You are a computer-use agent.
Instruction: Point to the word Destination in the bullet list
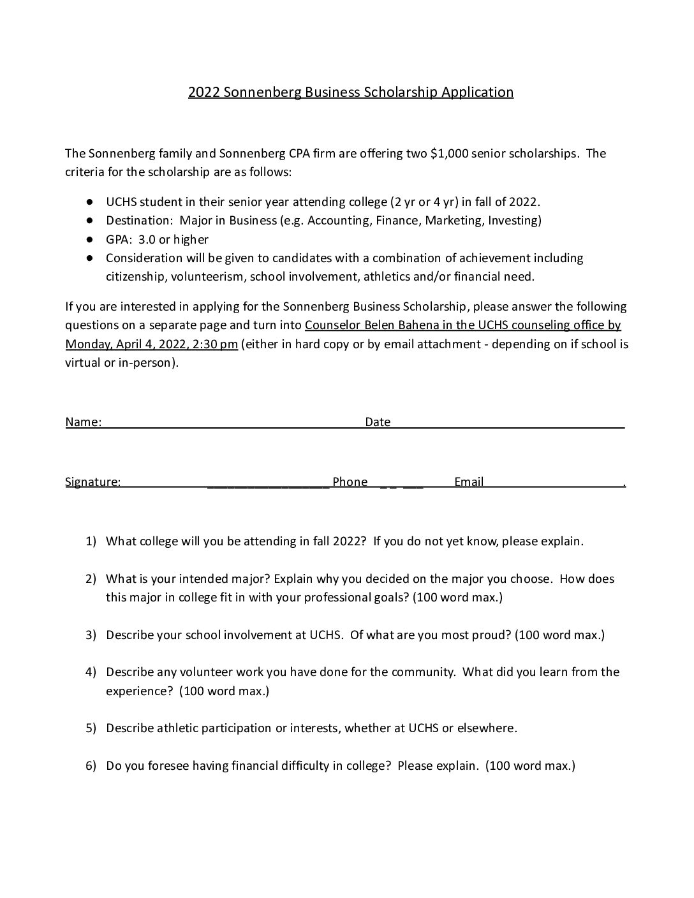(139, 221)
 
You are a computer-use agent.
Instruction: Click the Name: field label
(83, 422)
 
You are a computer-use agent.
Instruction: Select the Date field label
(378, 422)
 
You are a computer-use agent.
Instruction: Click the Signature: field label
(92, 482)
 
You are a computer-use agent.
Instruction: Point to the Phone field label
(350, 482)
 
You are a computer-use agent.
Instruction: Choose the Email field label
(469, 482)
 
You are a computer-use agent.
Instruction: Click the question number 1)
(91, 541)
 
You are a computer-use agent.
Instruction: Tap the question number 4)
(91, 672)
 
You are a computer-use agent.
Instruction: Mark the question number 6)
(91, 766)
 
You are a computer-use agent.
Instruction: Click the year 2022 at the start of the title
(203, 92)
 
